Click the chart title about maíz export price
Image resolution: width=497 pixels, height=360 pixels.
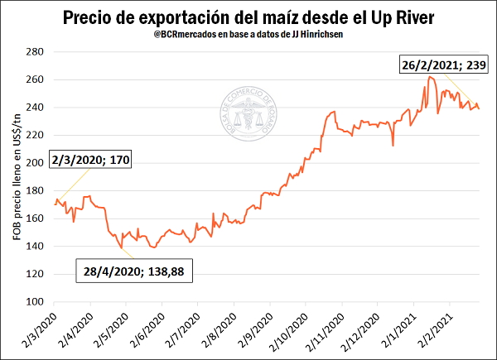click(x=248, y=17)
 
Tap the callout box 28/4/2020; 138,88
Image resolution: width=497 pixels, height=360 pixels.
click(x=134, y=271)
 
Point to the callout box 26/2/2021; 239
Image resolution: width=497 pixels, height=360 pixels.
click(x=446, y=65)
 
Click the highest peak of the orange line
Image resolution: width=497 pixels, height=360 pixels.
click(x=430, y=77)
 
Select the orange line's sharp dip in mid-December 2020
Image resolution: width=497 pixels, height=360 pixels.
click(x=393, y=146)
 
